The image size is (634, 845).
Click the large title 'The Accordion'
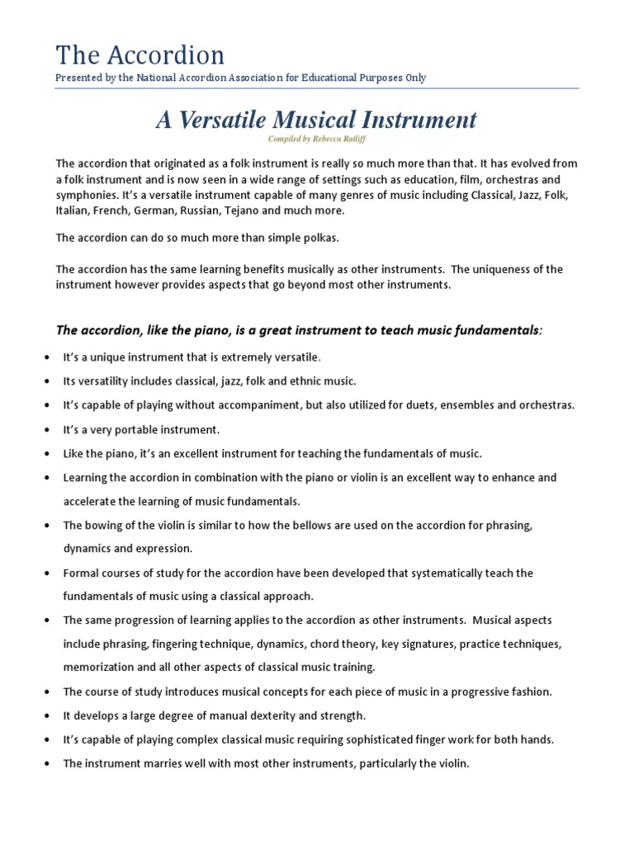coord(140,54)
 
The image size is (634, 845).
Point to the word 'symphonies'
coord(83,195)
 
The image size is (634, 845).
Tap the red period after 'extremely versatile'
coord(319,357)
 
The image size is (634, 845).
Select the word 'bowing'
coord(102,525)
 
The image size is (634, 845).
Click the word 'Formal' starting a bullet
coord(81,573)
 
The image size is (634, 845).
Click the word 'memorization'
coord(97,667)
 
